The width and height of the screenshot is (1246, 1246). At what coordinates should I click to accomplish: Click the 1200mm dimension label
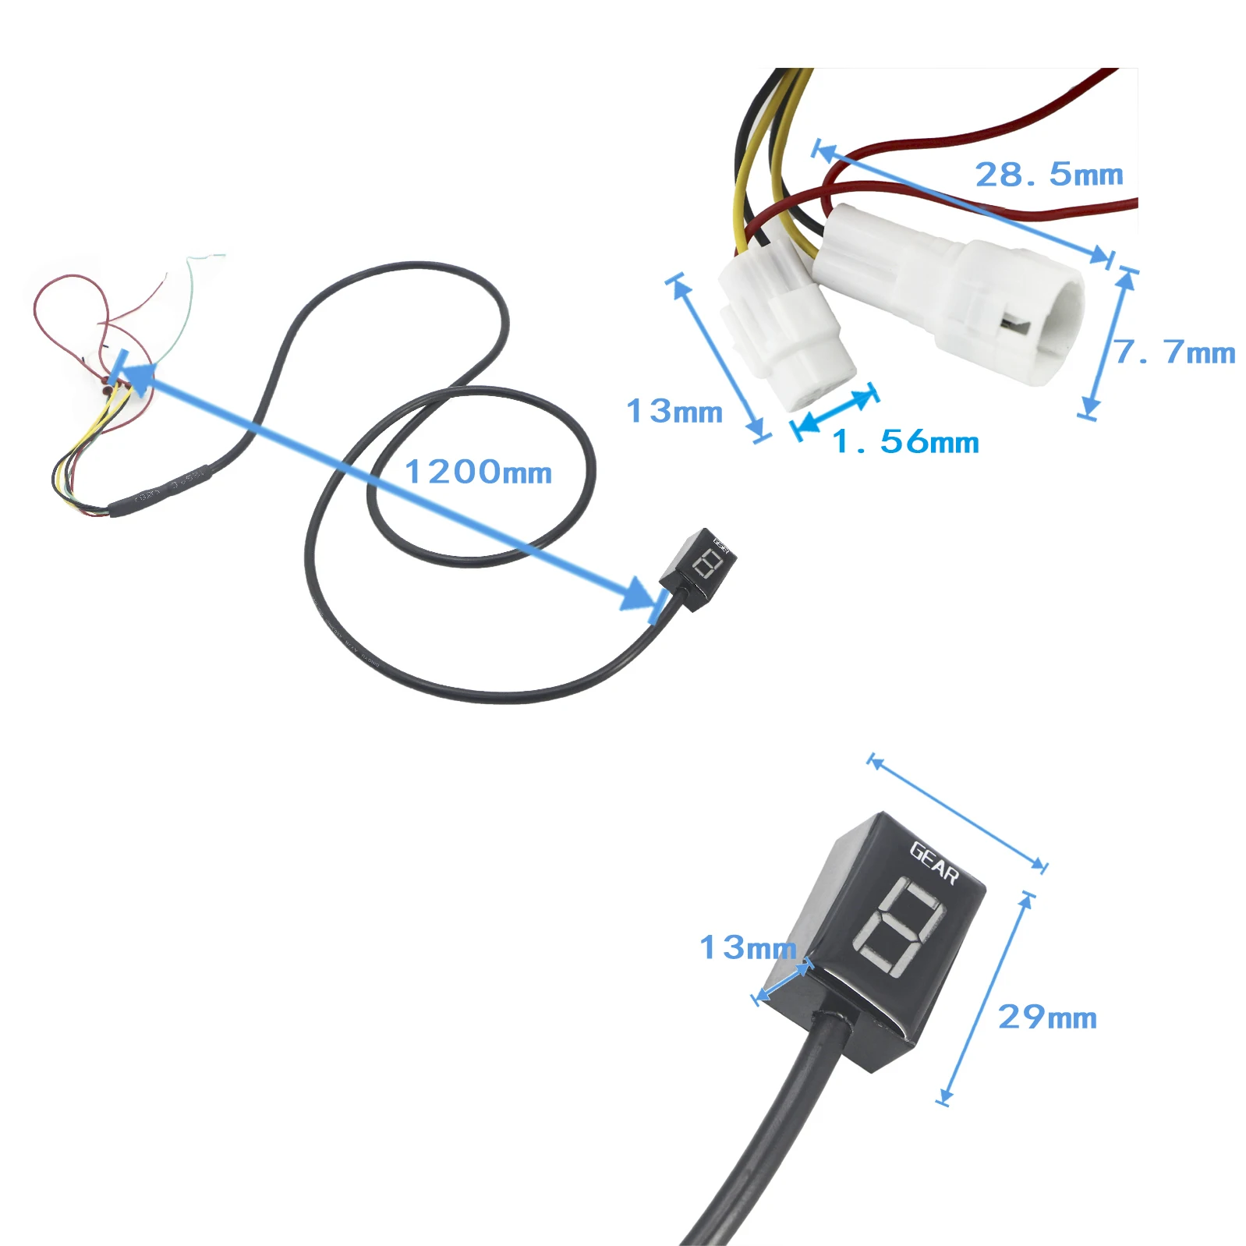click(478, 472)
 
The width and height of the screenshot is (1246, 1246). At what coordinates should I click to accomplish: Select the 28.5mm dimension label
click(1049, 175)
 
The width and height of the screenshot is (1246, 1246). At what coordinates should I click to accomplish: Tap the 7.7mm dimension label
click(1174, 352)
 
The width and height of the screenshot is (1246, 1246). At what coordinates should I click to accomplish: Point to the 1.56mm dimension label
click(905, 442)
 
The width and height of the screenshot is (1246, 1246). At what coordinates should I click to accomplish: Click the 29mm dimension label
click(1047, 1017)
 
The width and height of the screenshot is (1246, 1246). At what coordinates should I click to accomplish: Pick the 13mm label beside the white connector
click(674, 411)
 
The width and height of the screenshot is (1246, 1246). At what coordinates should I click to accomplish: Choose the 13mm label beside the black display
click(747, 947)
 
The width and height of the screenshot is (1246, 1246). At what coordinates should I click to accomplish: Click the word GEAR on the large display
click(934, 862)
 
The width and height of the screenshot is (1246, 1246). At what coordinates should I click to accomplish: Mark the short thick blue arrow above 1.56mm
click(835, 409)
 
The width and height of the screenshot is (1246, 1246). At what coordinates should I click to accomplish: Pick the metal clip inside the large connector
click(1013, 323)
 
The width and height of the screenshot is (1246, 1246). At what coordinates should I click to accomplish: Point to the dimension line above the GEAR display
click(958, 813)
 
